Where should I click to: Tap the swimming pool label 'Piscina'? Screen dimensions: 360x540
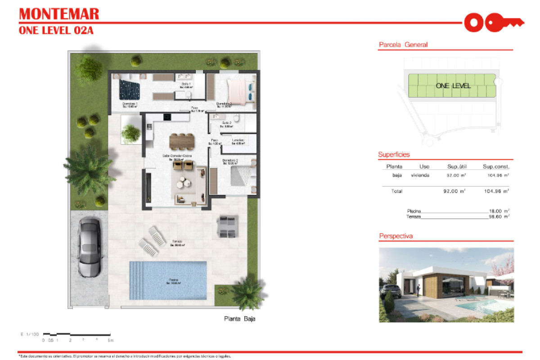point(173,280)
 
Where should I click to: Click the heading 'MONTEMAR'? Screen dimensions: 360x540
point(59,13)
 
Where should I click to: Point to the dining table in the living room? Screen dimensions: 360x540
point(182,141)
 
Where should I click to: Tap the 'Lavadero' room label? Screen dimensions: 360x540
point(238,140)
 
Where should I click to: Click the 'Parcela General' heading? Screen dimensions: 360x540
point(403,45)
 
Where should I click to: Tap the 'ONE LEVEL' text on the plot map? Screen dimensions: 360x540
point(453,85)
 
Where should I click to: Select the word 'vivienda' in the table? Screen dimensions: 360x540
point(420,175)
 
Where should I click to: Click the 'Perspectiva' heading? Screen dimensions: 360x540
point(396,236)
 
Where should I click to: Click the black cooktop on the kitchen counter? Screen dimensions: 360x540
point(167,117)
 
